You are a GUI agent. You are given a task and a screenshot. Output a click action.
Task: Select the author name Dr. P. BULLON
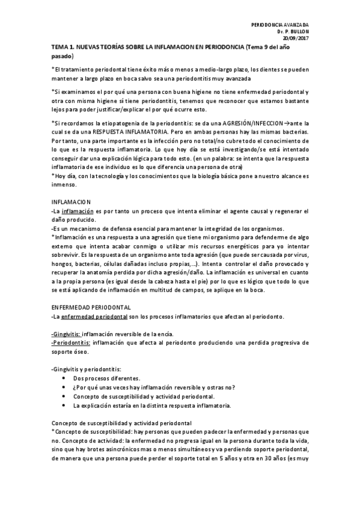(x=293, y=31)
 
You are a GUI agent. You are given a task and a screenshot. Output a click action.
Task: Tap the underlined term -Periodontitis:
(x=71, y=342)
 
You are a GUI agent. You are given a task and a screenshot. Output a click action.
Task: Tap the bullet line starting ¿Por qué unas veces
(x=154, y=387)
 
